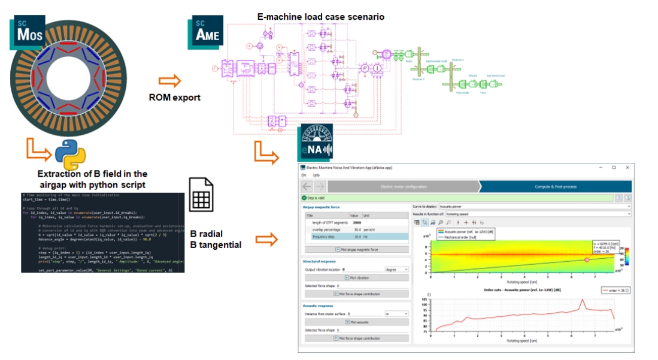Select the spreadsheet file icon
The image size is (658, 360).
tap(201, 195)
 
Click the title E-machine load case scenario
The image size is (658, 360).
tap(320, 17)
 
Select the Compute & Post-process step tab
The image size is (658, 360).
tap(555, 186)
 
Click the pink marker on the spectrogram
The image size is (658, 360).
tap(587, 259)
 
